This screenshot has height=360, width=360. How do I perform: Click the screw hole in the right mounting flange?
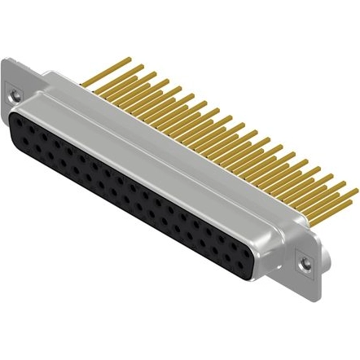[305, 264]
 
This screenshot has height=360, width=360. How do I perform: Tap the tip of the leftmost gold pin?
[129, 59]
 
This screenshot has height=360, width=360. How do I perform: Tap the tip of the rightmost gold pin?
[356, 190]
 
